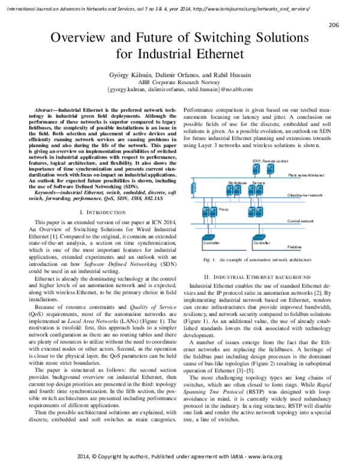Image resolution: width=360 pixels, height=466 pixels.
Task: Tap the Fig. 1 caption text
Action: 257,259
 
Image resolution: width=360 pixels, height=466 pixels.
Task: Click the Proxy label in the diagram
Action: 224,208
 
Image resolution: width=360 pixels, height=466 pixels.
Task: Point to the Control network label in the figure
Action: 301,221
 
